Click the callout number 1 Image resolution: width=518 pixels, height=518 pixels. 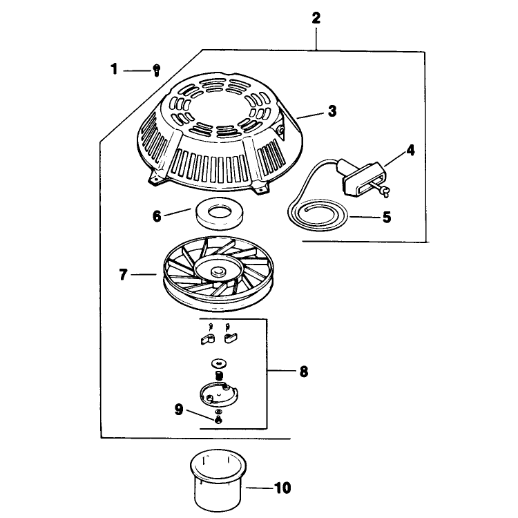click(114, 69)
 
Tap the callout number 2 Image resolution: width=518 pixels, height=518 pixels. click(316, 18)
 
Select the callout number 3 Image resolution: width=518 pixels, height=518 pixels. click(332, 111)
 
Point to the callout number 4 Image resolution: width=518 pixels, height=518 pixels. click(410, 151)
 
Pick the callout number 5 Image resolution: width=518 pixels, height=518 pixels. click(387, 217)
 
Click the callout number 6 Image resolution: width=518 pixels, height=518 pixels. click(157, 216)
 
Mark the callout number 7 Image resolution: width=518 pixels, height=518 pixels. click(123, 274)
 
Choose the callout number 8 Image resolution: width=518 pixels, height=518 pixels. click(304, 372)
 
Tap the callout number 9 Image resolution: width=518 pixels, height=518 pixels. click(179, 410)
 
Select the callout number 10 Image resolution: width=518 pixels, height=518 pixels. click(282, 488)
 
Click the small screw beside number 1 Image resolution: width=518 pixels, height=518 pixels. click(157, 70)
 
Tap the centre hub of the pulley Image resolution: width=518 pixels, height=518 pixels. click(217, 272)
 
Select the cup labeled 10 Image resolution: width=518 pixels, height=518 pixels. click(218, 480)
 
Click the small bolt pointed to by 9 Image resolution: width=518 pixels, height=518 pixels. click(218, 420)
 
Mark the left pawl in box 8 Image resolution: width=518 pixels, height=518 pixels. click(207, 339)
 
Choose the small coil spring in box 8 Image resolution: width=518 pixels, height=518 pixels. click(218, 375)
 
